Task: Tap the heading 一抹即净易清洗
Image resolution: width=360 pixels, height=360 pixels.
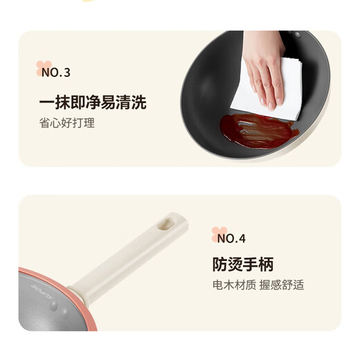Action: (92, 102)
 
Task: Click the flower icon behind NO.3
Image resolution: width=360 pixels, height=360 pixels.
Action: (43, 68)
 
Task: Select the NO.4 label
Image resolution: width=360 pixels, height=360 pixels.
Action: (231, 239)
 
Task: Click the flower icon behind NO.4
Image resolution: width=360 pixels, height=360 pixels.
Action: (219, 234)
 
